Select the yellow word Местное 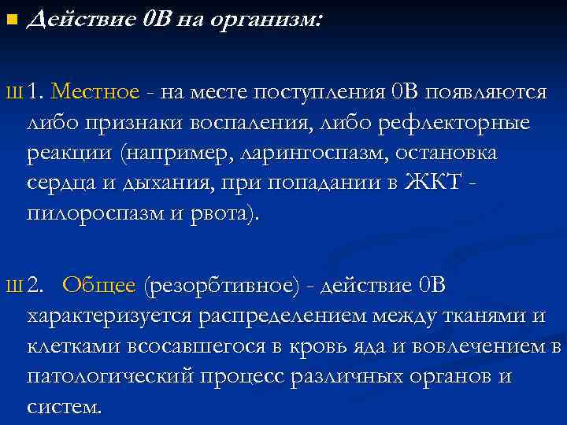(x=94, y=92)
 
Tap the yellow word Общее (x=99, y=285)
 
